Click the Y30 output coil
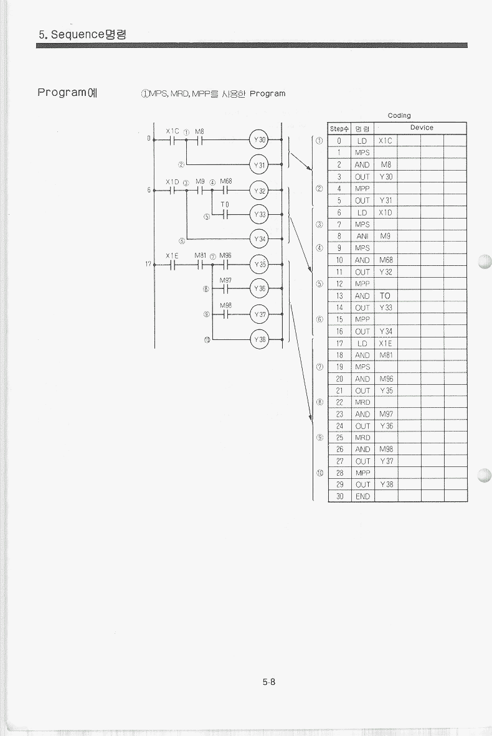point(259,139)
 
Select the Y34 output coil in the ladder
point(259,239)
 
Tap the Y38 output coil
point(259,339)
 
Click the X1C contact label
point(173,131)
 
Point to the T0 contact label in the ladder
point(225,205)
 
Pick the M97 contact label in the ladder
point(225,280)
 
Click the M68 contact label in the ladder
point(226,181)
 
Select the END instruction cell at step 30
point(362,496)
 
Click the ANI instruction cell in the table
point(362,236)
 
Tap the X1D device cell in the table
point(386,212)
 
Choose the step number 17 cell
point(339,344)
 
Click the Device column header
point(422,128)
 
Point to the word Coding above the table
point(399,115)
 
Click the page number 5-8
point(269,682)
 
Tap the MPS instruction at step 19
point(362,367)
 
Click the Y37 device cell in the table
point(386,461)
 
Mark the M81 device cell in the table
point(386,356)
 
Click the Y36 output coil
point(259,289)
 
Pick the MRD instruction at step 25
point(362,438)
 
